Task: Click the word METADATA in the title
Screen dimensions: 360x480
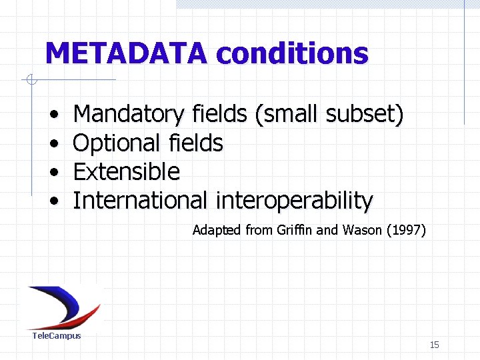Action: click(127, 53)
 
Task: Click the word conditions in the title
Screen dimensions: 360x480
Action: click(293, 53)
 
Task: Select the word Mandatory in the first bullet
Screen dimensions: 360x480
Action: click(128, 115)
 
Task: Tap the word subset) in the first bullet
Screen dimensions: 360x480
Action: click(365, 115)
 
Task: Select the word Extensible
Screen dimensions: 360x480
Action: click(126, 171)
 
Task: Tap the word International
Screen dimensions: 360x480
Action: click(140, 200)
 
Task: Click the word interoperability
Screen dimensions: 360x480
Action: click(293, 200)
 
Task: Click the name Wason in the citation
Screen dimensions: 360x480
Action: click(362, 231)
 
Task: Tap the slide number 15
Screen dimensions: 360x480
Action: click(434, 345)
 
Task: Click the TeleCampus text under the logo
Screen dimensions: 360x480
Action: click(57, 335)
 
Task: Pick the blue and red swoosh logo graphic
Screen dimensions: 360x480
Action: click(63, 307)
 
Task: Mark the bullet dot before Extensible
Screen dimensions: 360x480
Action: click(52, 173)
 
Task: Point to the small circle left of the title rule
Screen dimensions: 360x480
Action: click(30, 81)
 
